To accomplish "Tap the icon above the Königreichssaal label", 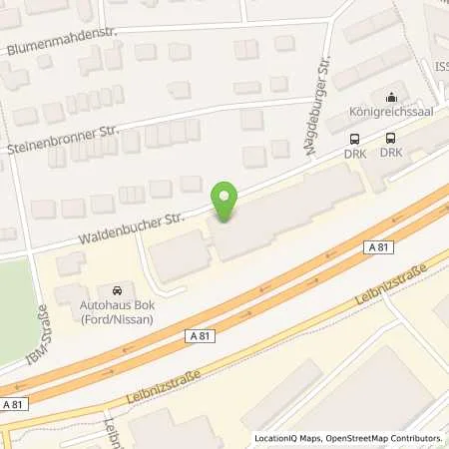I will (x=391, y=97).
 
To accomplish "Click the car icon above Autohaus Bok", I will (x=118, y=287).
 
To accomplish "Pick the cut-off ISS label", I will (x=440, y=67).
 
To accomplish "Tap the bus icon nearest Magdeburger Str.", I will (x=353, y=139).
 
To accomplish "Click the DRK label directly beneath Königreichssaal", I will (x=390, y=153).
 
